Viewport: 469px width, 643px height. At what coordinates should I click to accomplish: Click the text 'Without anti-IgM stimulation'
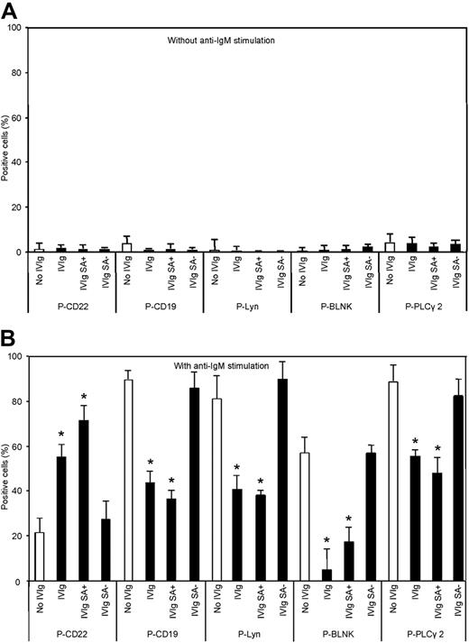pyautogui.click(x=222, y=41)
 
